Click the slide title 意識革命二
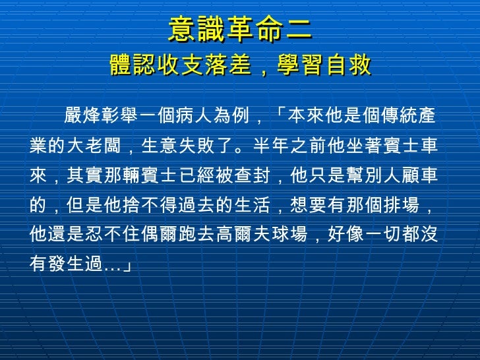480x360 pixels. point(240,30)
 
